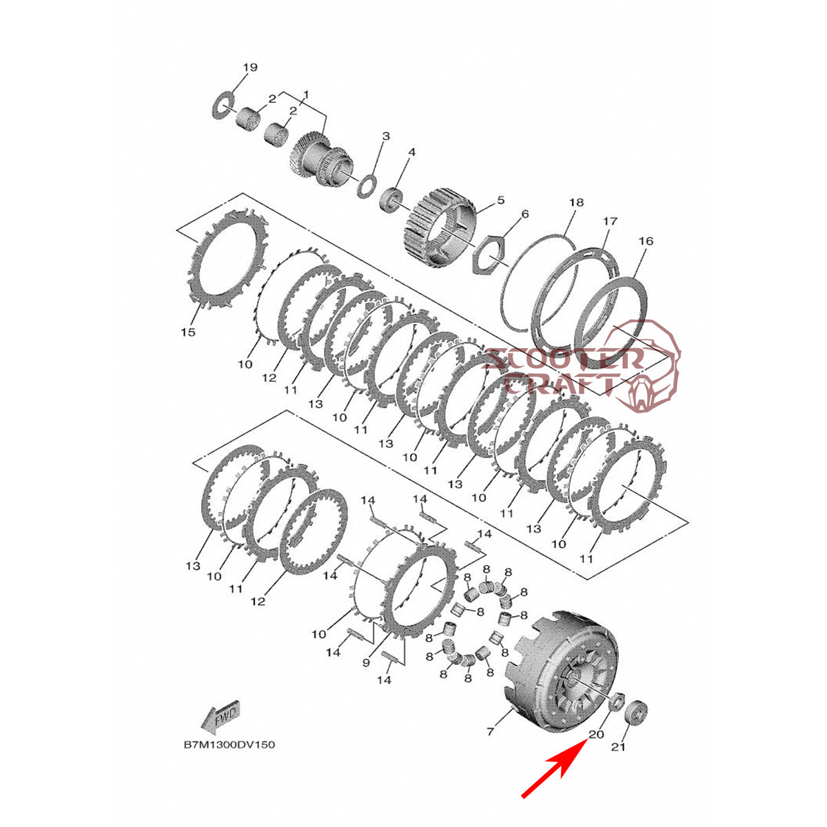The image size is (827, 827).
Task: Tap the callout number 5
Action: pos(500,200)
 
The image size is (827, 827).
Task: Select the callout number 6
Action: pos(525,214)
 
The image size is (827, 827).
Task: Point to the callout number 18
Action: pos(576,202)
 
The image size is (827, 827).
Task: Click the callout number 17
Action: pos(610,221)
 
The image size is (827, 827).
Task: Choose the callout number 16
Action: pos(646,241)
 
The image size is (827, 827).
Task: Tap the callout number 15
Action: pos(188,331)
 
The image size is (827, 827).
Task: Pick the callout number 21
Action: pos(618,747)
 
